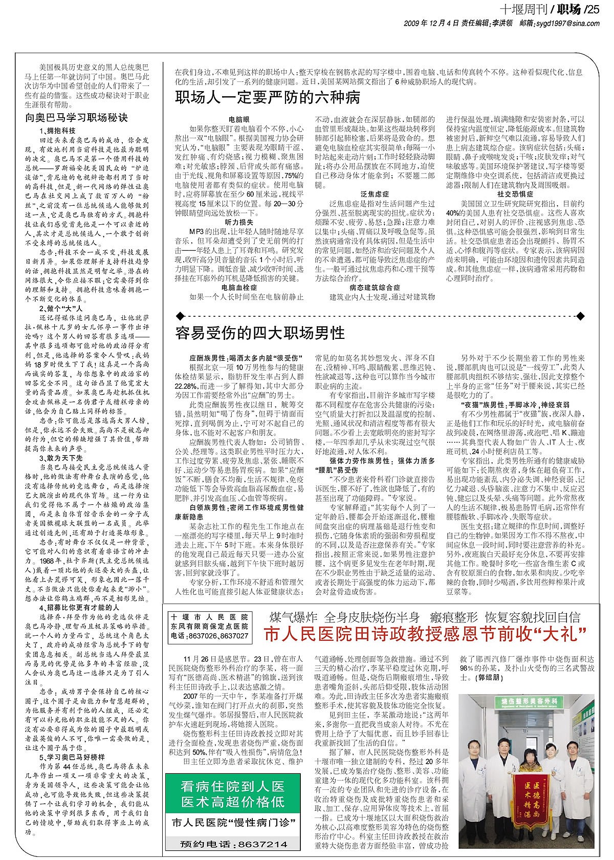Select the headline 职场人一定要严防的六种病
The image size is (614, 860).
pos(268,97)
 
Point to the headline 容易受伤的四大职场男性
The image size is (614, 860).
pos(260,333)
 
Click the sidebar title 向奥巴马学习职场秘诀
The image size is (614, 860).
pos(77,117)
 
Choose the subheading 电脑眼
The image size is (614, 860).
pos(238,118)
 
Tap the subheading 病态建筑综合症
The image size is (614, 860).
pos(375,288)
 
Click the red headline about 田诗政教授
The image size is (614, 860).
pos(425,635)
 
